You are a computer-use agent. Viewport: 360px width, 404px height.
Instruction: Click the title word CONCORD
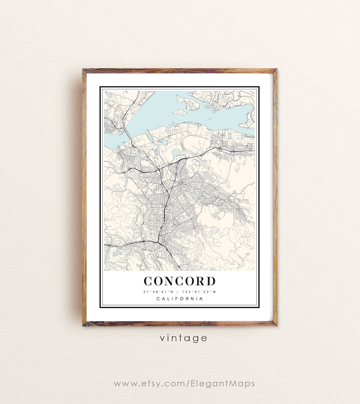click(180, 281)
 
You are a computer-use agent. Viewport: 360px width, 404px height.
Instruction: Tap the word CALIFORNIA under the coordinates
click(180, 298)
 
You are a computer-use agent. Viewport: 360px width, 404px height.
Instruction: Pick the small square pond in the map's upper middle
click(175, 153)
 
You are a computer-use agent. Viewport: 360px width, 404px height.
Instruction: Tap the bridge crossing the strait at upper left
click(128, 135)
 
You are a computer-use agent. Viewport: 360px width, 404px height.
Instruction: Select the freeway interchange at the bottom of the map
click(159, 241)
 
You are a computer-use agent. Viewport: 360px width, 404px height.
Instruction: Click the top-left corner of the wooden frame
click(84, 70)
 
